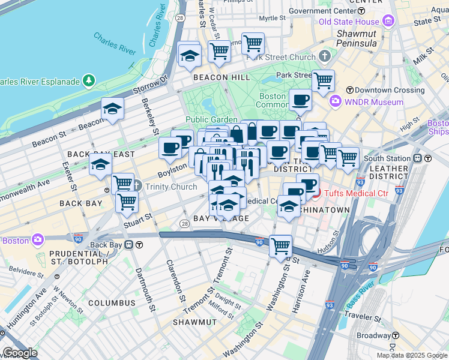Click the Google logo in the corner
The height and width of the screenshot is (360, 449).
click(x=19, y=353)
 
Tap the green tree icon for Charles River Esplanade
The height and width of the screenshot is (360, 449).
click(x=89, y=80)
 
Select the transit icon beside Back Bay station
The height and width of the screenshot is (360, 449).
click(x=139, y=245)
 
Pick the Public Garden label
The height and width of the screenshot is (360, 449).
click(x=211, y=119)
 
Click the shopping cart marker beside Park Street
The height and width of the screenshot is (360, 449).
click(x=324, y=80)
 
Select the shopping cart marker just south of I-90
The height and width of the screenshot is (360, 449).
click(x=280, y=245)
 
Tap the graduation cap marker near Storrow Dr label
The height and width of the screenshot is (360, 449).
click(x=112, y=109)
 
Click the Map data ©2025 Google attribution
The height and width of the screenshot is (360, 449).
click(x=412, y=355)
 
